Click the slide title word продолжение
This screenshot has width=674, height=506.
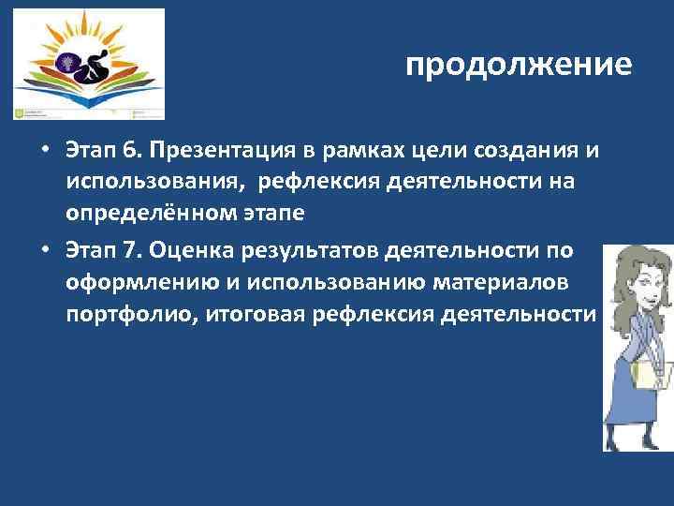tap(520, 66)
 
